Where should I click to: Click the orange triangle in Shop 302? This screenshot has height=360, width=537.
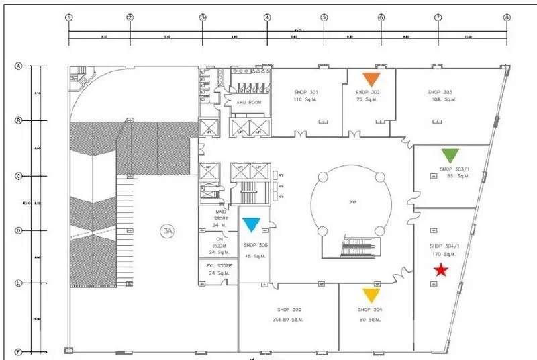pos(371,79)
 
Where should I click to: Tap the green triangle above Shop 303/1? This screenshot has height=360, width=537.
pos(450,155)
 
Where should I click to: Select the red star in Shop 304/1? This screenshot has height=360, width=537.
pos(440,270)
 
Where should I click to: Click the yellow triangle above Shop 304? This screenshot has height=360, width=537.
pos(371,296)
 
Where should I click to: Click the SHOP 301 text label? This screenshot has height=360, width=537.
pos(306,91)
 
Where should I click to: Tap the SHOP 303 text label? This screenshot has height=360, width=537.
pos(440,91)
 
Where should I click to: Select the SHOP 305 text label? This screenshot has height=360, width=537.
pos(289,310)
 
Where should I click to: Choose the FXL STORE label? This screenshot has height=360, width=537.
pos(219,266)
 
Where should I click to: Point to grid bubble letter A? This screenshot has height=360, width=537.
pos(19,66)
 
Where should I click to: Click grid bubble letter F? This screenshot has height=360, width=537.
pos(19,351)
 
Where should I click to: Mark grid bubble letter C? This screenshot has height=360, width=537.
pos(19,177)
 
